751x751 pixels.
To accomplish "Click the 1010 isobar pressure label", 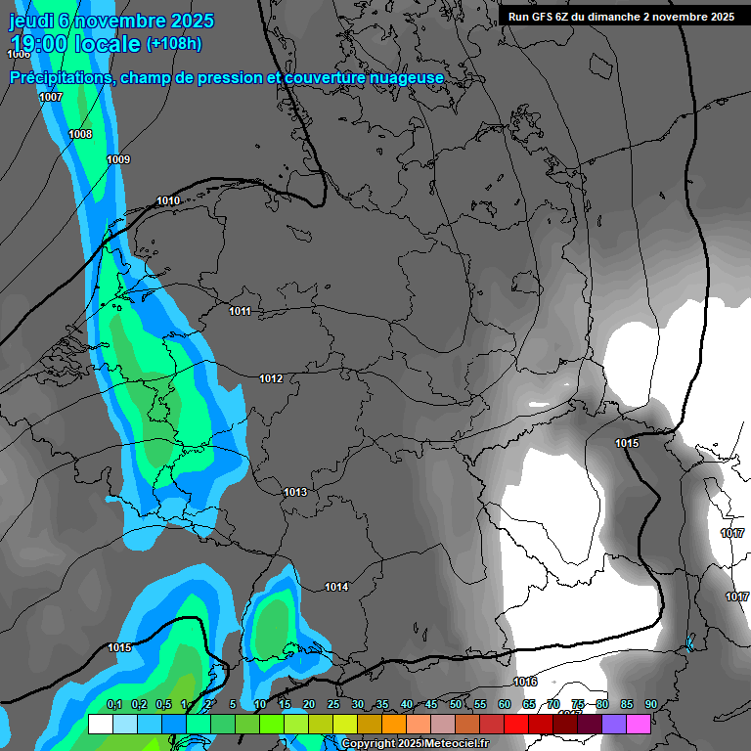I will click(x=168, y=201).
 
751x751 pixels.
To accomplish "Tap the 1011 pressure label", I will click(x=240, y=312).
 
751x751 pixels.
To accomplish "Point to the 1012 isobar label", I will click(x=271, y=378).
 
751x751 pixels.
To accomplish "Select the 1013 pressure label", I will click(x=295, y=492).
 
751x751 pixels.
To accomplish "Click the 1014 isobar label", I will click(x=336, y=587).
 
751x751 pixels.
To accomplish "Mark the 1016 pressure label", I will click(x=525, y=682).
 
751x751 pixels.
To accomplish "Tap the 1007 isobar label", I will click(x=51, y=97).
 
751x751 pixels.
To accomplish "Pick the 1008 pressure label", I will click(x=80, y=134).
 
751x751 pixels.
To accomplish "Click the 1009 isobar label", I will click(x=118, y=159).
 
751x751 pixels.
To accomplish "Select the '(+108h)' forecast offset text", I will click(x=173, y=44).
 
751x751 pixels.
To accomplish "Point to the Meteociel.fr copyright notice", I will click(x=415, y=744).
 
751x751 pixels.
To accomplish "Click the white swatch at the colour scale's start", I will click(x=100, y=724).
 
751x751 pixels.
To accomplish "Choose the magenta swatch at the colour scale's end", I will click(x=639, y=724).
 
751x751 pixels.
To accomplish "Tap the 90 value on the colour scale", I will click(x=650, y=705).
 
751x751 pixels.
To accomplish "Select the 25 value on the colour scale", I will click(x=333, y=705).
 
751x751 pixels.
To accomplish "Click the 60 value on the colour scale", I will click(x=505, y=705).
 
